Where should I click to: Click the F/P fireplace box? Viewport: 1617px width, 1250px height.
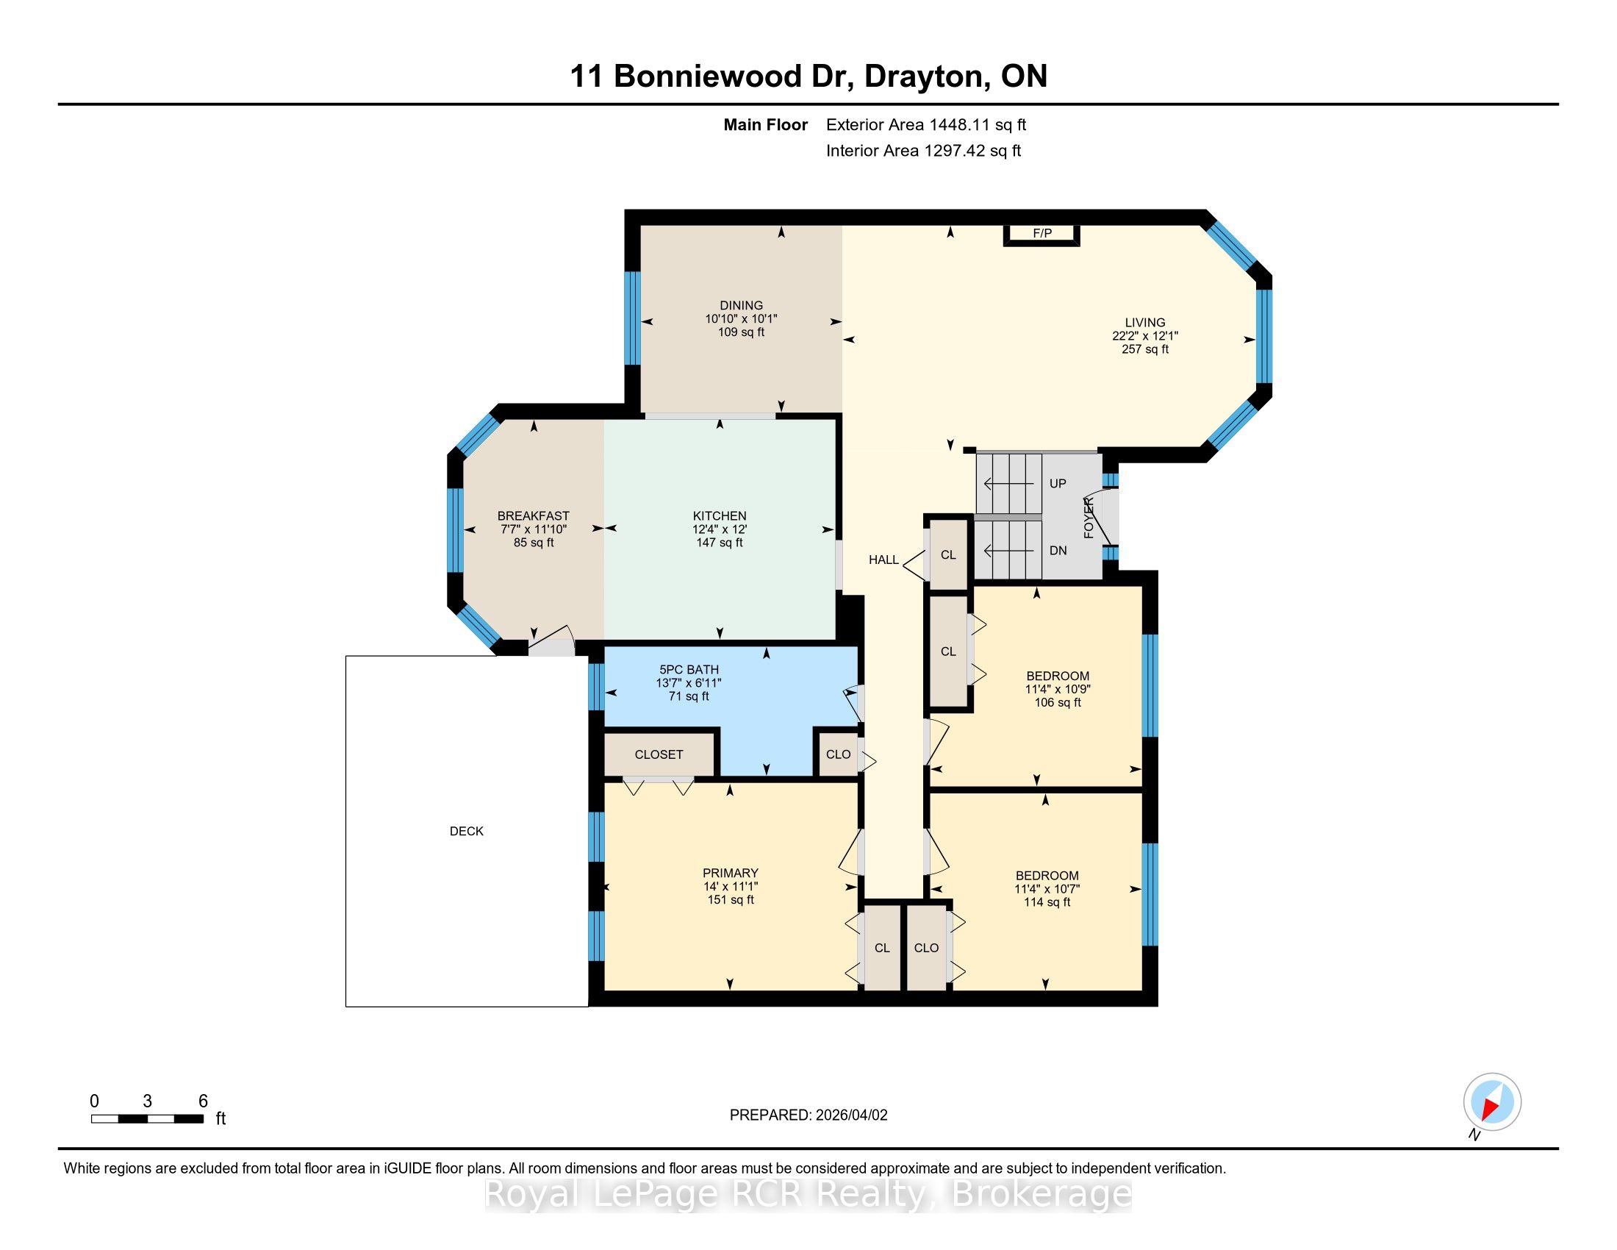coord(1041,234)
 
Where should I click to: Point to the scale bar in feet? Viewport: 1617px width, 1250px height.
coord(147,1119)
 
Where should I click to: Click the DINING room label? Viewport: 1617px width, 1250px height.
coord(741,305)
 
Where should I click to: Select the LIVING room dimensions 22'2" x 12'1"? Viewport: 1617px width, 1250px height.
coord(1144,335)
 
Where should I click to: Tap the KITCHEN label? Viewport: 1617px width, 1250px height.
coord(720,516)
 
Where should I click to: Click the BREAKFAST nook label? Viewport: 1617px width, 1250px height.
coord(533,516)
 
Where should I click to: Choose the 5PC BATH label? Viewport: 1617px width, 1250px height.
coord(689,669)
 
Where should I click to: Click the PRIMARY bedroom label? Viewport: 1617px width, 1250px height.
coord(731,873)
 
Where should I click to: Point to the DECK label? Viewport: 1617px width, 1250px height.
coord(467,832)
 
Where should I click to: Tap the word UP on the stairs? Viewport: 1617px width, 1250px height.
coord(1058,484)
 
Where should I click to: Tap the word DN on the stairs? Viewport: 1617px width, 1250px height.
coord(1058,550)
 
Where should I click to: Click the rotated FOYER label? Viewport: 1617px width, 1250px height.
coord(1089,518)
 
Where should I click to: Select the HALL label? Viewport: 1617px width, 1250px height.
coord(883,560)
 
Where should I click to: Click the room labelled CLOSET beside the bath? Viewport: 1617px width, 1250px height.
coord(659,754)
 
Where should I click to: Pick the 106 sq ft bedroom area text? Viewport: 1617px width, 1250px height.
coord(1057,702)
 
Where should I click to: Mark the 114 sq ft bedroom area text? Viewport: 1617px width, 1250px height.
coord(1047,902)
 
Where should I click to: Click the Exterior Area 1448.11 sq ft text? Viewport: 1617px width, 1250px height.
coord(926,124)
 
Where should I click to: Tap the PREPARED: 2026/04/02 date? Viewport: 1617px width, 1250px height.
coord(808,1115)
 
